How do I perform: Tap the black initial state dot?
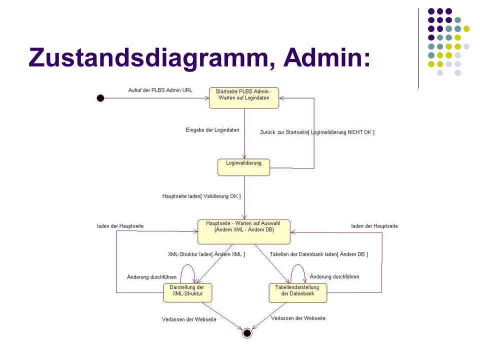coord(100,98)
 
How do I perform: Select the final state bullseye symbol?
coord(247,333)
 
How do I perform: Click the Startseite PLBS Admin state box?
coord(244,98)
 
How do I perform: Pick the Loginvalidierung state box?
coord(243,167)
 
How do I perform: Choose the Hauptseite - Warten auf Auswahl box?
coord(244,231)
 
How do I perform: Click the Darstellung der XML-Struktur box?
coord(187,292)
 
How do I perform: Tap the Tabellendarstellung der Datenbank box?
coord(298,293)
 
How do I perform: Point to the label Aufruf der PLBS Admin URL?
coord(160,90)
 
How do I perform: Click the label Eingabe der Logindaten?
coord(212,130)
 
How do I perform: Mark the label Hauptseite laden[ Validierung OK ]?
coord(201,196)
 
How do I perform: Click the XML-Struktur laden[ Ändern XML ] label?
coord(206,254)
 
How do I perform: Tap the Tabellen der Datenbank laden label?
coord(318,254)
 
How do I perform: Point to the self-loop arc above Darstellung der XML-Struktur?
coord(188,264)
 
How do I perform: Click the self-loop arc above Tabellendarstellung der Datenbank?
coord(298,264)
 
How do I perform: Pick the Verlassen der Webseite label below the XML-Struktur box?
coord(189,319)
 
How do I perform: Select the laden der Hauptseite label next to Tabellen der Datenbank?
coord(374,226)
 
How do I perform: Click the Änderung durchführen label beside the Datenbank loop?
coord(334,276)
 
